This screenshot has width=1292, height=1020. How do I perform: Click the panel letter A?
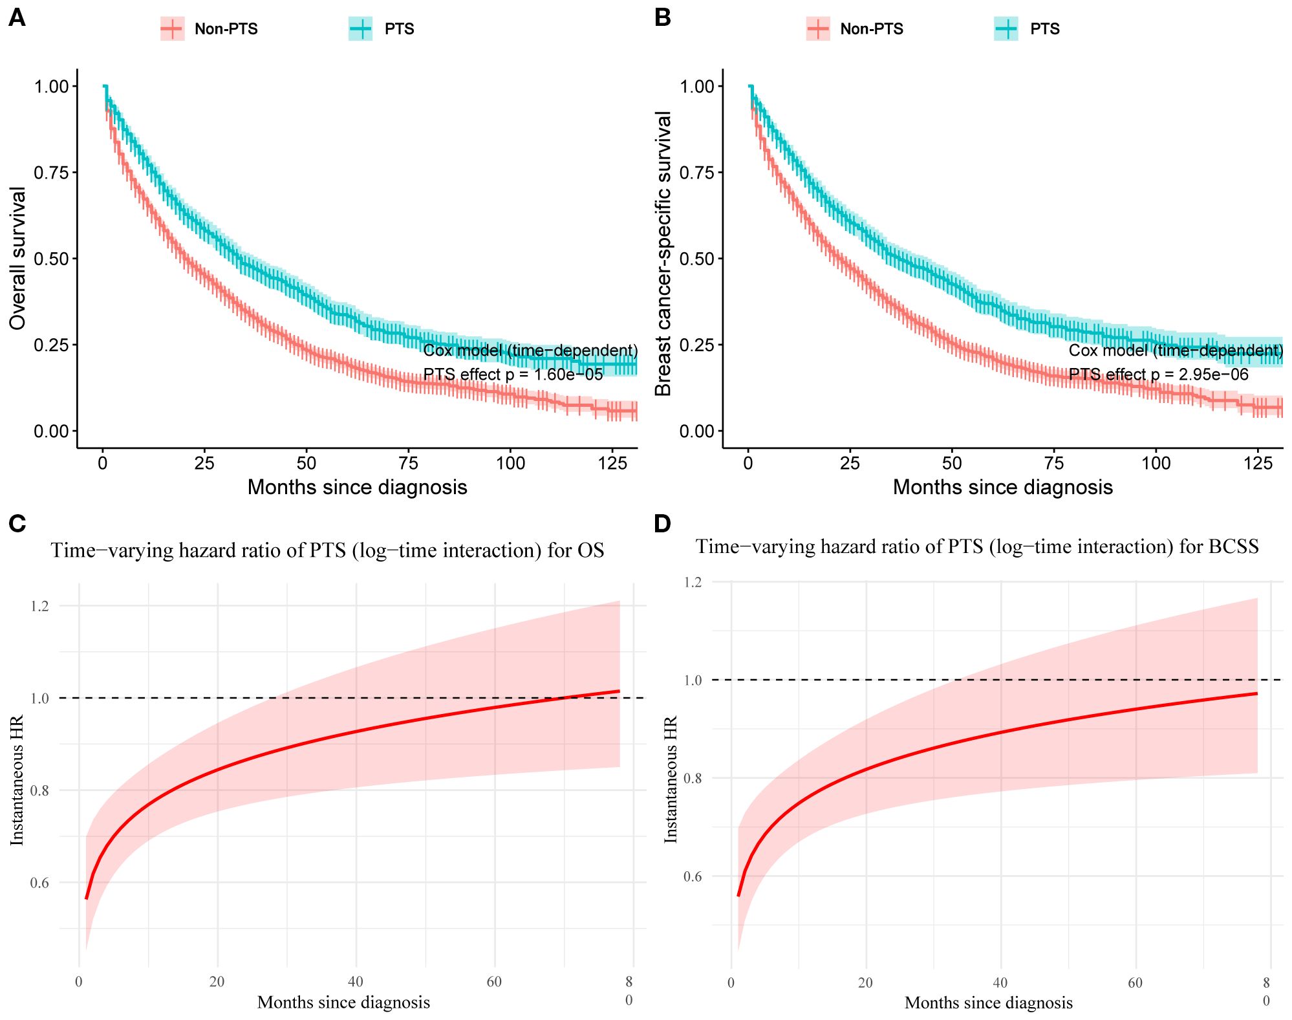click(17, 18)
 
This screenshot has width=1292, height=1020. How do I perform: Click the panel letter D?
click(662, 523)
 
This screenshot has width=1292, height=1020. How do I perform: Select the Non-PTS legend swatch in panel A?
click(172, 28)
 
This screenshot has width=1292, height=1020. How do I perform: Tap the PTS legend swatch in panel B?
click(1006, 28)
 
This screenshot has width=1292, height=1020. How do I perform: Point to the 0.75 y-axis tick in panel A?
click(51, 173)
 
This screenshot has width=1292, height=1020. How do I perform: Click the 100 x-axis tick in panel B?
click(1156, 463)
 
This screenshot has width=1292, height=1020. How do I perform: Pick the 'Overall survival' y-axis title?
click(17, 258)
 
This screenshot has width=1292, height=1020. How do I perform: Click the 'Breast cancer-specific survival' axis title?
click(663, 254)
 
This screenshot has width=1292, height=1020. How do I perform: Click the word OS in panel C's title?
click(591, 550)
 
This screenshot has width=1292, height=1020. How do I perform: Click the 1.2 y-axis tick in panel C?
click(39, 606)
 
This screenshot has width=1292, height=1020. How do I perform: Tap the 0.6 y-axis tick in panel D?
click(693, 876)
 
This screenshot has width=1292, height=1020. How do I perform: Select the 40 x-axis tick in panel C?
click(355, 982)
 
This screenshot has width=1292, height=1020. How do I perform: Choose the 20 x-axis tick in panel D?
click(865, 983)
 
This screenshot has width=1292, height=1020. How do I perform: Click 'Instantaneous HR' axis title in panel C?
click(17, 779)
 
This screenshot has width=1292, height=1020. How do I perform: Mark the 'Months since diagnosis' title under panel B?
click(1002, 487)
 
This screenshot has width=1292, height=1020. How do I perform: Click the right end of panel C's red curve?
click(619, 691)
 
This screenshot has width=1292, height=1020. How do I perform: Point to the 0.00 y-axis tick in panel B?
click(696, 431)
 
